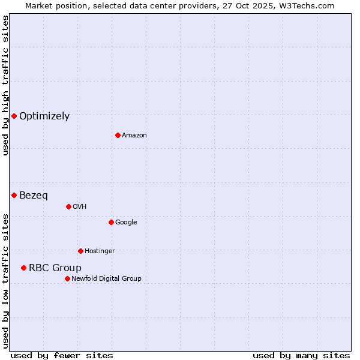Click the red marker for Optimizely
14,116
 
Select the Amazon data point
118,135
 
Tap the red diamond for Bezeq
14,195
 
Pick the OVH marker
68,206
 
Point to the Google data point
111,222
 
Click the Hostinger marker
80,251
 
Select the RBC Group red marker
23,268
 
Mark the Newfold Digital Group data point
67,278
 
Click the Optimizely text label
44,116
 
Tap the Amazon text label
134,135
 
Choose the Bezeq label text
34,196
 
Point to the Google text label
126,222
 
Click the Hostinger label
100,251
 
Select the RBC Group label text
55,268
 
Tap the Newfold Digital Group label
106,278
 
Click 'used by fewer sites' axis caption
62,355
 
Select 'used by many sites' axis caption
301,355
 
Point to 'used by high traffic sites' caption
5,86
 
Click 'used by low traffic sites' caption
5,281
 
